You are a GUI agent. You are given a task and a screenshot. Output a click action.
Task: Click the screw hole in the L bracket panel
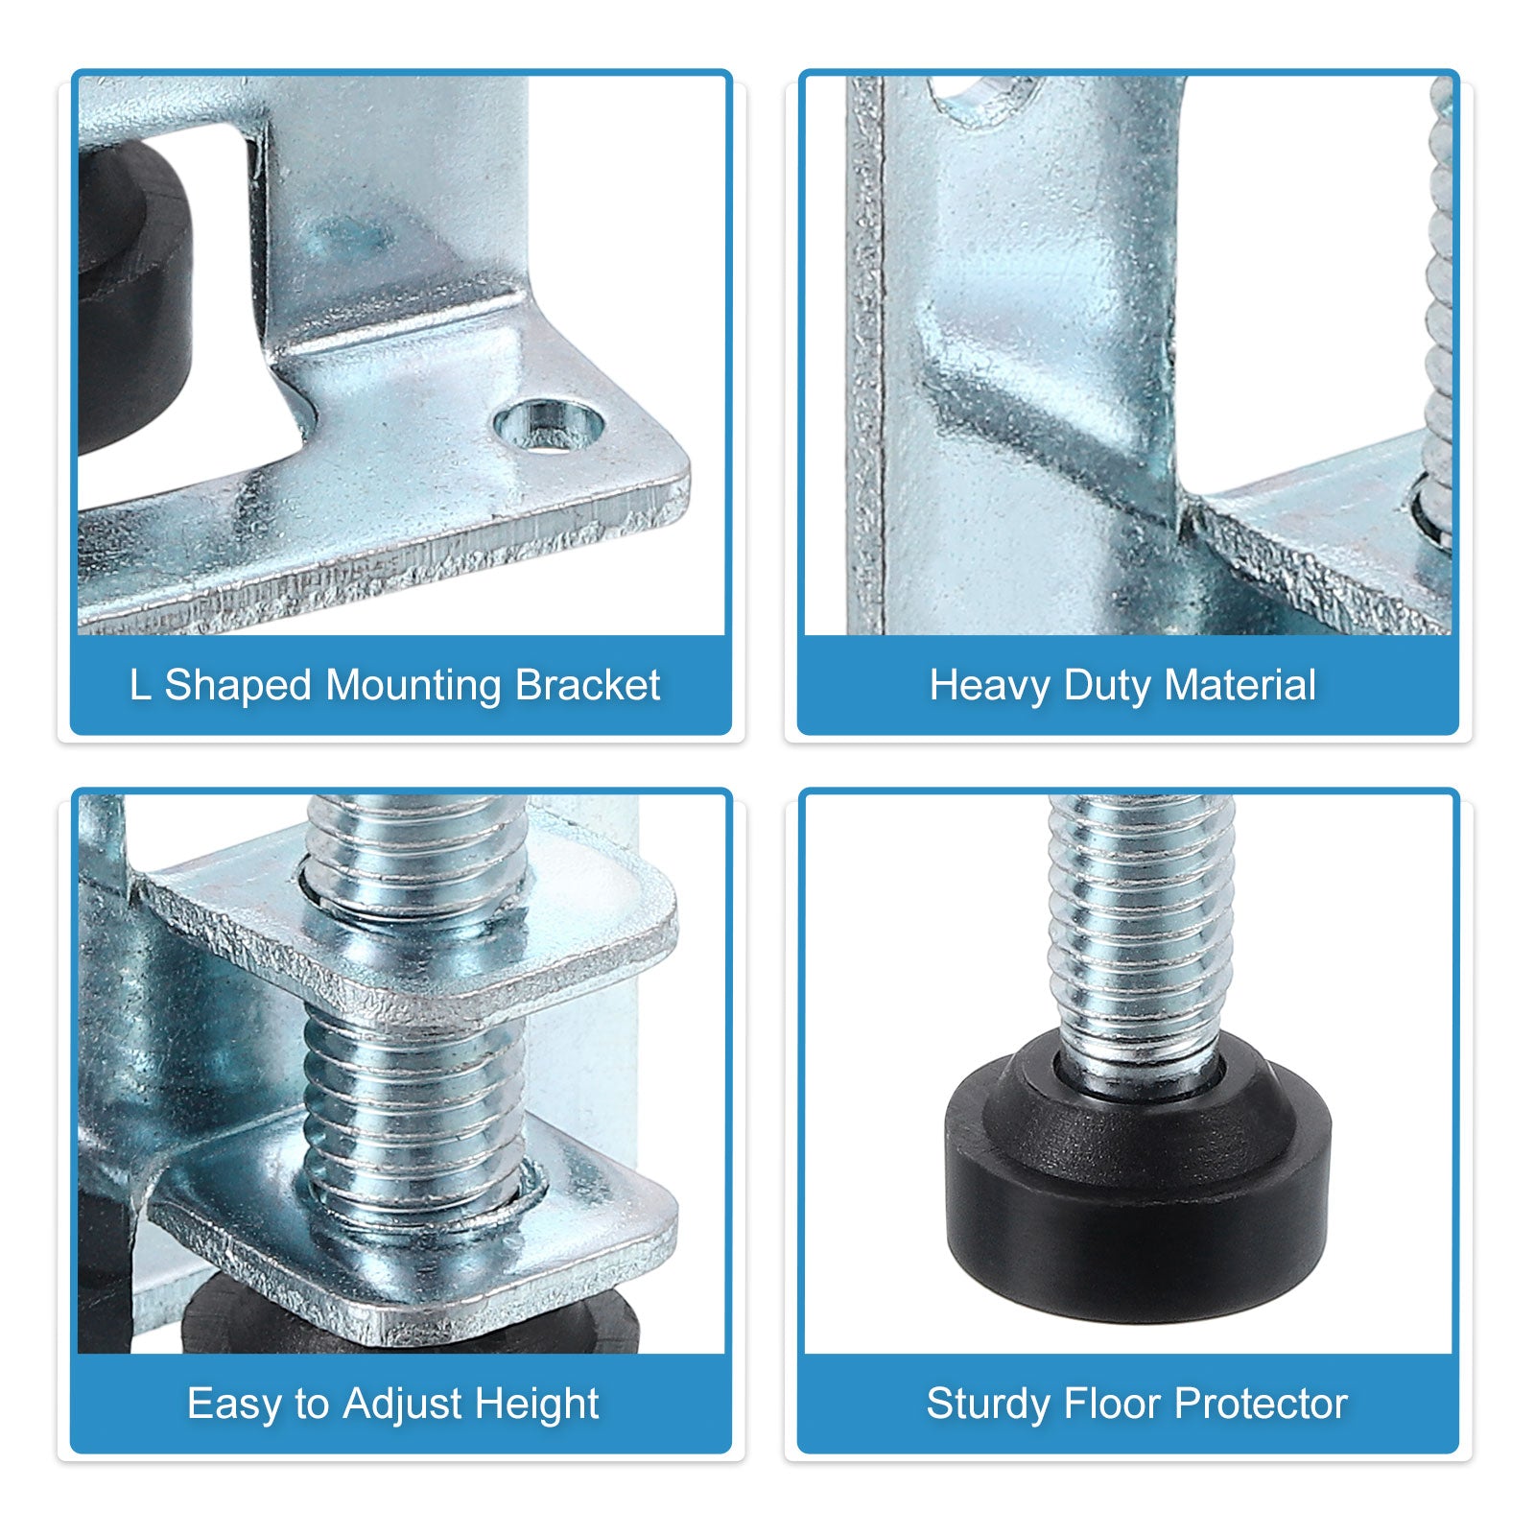click(549, 425)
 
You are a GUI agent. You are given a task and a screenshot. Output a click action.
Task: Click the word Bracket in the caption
click(587, 685)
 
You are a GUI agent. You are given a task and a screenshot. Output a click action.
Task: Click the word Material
click(1240, 686)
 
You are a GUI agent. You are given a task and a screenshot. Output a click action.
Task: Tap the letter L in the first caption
click(140, 686)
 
